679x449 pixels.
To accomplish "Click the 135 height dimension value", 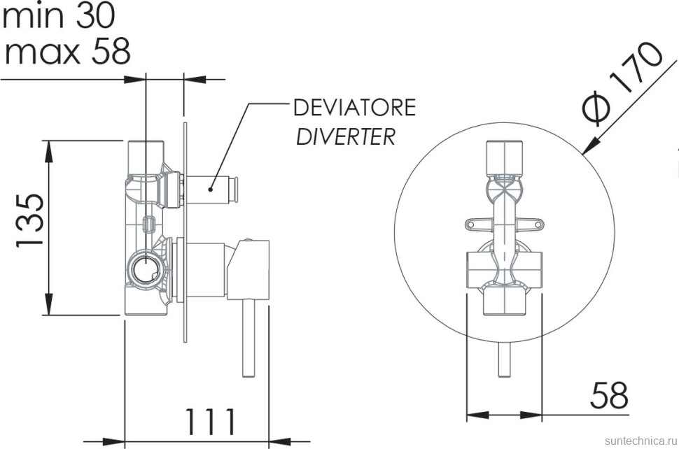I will tap(31, 220).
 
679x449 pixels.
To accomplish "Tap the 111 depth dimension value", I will tap(209, 422).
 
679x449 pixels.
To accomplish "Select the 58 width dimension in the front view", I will tap(608, 395).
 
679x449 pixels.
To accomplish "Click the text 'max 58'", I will tap(66, 51).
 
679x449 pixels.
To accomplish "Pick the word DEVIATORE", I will tap(354, 107).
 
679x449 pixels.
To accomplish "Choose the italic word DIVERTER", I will tap(346, 136).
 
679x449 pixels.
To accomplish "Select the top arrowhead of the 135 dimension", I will tap(50, 148).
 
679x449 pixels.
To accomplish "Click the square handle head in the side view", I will tap(253, 266).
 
